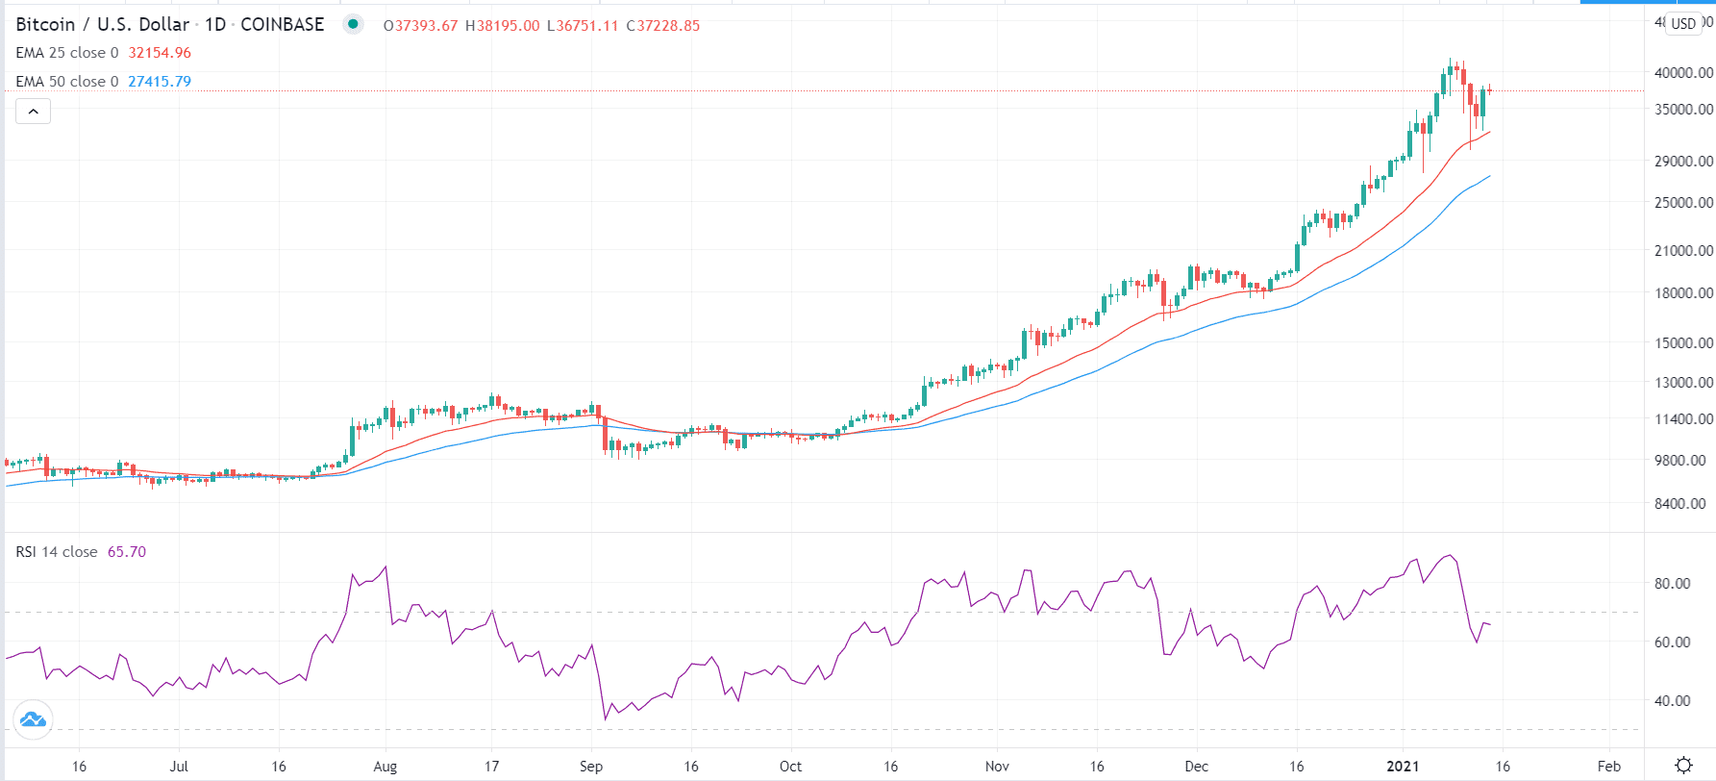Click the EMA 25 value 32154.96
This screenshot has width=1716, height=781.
[160, 53]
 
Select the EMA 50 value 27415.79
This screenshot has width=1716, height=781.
[160, 82]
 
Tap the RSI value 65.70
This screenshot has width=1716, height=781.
[127, 552]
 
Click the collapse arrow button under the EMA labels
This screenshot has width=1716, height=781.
[33, 112]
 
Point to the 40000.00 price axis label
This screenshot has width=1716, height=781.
[1683, 73]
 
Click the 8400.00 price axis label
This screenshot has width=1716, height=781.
[1683, 504]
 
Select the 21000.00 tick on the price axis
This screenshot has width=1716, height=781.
[1683, 251]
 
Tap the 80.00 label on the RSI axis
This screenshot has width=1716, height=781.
[1672, 584]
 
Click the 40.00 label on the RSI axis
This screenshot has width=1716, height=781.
[1672, 701]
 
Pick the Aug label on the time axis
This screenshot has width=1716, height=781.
[385, 767]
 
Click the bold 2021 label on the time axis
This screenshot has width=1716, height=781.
[1403, 767]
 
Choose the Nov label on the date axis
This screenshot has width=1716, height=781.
[997, 767]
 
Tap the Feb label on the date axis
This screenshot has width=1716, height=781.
[1608, 767]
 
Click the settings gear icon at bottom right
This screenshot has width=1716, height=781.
[1683, 766]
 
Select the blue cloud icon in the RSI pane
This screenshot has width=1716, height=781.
[33, 719]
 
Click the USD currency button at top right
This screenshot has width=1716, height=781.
[1683, 24]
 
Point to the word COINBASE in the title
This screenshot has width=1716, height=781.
[282, 25]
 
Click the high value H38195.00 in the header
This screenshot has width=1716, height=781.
[503, 26]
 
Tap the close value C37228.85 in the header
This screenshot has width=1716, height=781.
[663, 26]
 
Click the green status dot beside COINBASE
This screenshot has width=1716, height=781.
[354, 25]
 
